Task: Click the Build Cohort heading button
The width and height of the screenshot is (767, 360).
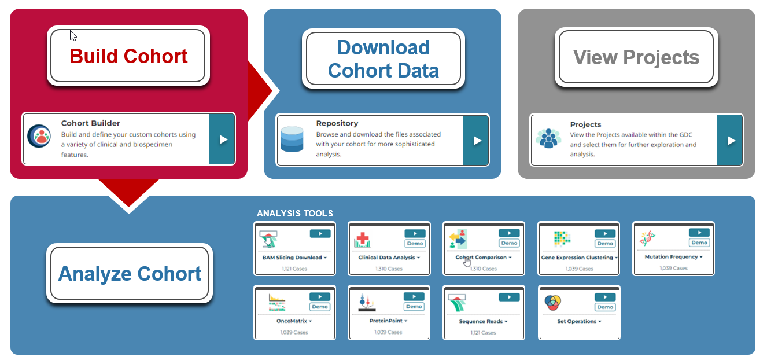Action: [x=128, y=56]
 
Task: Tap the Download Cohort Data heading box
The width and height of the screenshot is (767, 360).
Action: [x=383, y=58]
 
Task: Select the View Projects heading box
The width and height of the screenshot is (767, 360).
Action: [x=636, y=57]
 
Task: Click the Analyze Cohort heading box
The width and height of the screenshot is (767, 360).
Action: [x=130, y=273]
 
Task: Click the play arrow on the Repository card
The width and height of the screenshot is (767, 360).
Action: [x=476, y=141]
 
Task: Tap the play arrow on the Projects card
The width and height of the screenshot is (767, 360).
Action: [x=730, y=141]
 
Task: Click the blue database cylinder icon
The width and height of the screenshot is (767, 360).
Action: [x=292, y=139]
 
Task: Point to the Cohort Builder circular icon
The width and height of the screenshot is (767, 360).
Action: [x=39, y=136]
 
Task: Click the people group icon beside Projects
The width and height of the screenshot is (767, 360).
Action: [x=548, y=138]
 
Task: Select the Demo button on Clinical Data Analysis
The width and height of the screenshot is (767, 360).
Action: [x=415, y=243]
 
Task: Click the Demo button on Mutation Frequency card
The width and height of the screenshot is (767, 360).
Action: [x=699, y=243]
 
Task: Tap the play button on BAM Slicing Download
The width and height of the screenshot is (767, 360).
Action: [x=320, y=234]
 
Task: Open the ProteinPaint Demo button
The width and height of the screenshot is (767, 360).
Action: [x=414, y=307]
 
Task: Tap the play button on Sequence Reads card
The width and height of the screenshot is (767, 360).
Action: [x=509, y=297]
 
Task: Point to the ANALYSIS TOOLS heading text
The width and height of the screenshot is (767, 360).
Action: [x=295, y=214]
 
